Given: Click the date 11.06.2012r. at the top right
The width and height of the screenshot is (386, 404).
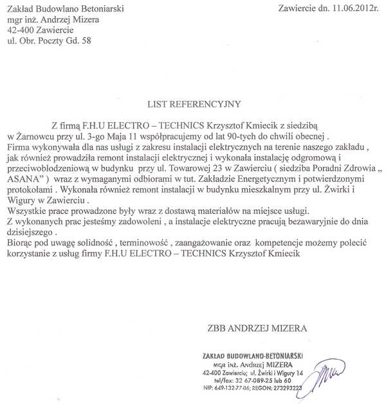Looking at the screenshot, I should pyautogui.click(x=353, y=8).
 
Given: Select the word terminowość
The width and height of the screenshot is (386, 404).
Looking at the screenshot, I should pyautogui.click(x=147, y=244).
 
